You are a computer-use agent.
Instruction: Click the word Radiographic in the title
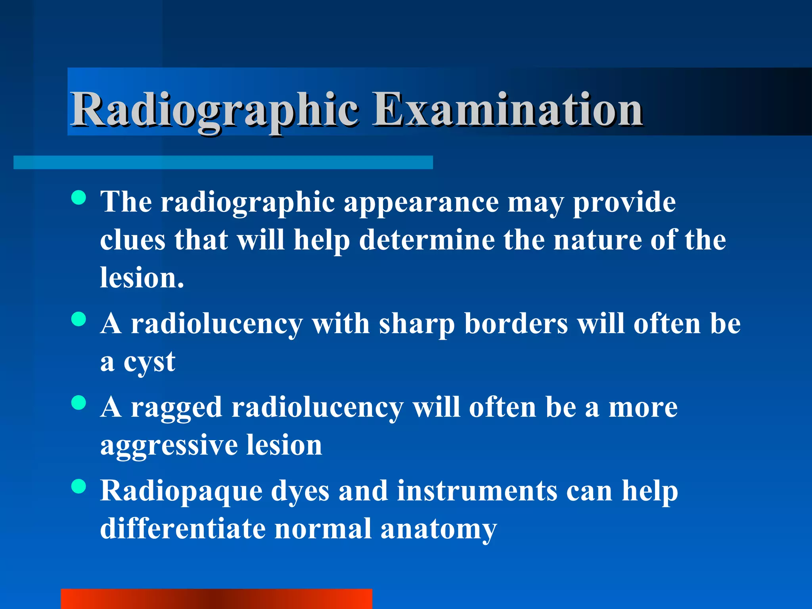pyautogui.click(x=214, y=110)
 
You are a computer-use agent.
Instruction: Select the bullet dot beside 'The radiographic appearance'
pyautogui.click(x=79, y=197)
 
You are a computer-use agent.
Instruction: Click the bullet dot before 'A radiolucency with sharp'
pyautogui.click(x=79, y=319)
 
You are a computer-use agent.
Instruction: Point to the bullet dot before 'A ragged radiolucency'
pyautogui.click(x=79, y=402)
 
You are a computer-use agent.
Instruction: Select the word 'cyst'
pyautogui.click(x=149, y=362)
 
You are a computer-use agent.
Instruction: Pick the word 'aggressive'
pyautogui.click(x=169, y=446)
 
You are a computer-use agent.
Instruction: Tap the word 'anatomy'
pyautogui.click(x=439, y=530)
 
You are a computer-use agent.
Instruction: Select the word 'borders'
pyautogui.click(x=516, y=324)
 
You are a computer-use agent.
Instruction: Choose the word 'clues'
pyautogui.click(x=132, y=240)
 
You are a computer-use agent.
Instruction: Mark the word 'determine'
pyautogui.click(x=427, y=240)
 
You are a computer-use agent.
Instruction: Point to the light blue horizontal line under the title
pyautogui.click(x=223, y=163)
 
